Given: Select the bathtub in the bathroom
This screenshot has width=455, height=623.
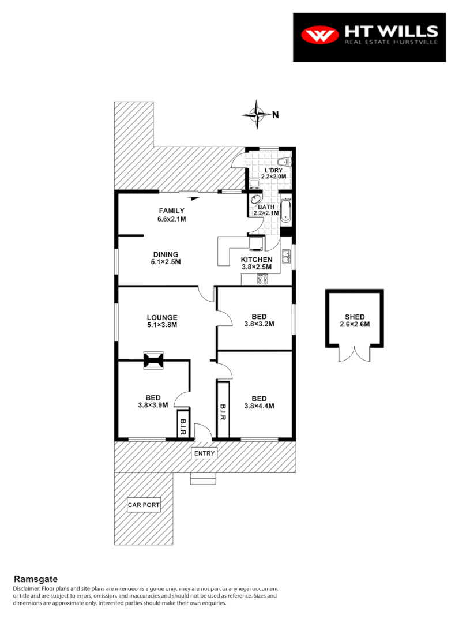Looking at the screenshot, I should click(286, 209).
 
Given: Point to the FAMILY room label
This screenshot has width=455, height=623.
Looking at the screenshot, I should click(172, 211).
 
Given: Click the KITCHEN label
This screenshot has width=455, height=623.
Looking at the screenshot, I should click(257, 260).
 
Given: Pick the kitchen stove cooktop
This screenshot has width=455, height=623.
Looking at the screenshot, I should click(262, 279).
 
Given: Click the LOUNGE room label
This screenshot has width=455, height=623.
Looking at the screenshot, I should click(162, 317).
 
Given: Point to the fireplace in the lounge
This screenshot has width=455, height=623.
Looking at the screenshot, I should click(153, 361).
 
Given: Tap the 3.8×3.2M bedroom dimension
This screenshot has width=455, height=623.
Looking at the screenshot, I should click(259, 324).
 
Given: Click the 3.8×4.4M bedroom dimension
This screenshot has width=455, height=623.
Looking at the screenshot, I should click(259, 406).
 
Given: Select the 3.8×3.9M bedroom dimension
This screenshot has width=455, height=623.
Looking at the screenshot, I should click(153, 405).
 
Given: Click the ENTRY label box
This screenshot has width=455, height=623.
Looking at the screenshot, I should click(204, 453).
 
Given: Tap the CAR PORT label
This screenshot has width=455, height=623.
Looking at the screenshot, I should click(144, 505).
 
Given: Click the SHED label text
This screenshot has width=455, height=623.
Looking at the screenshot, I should click(355, 317).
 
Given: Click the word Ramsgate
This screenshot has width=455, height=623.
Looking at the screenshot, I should click(36, 579).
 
